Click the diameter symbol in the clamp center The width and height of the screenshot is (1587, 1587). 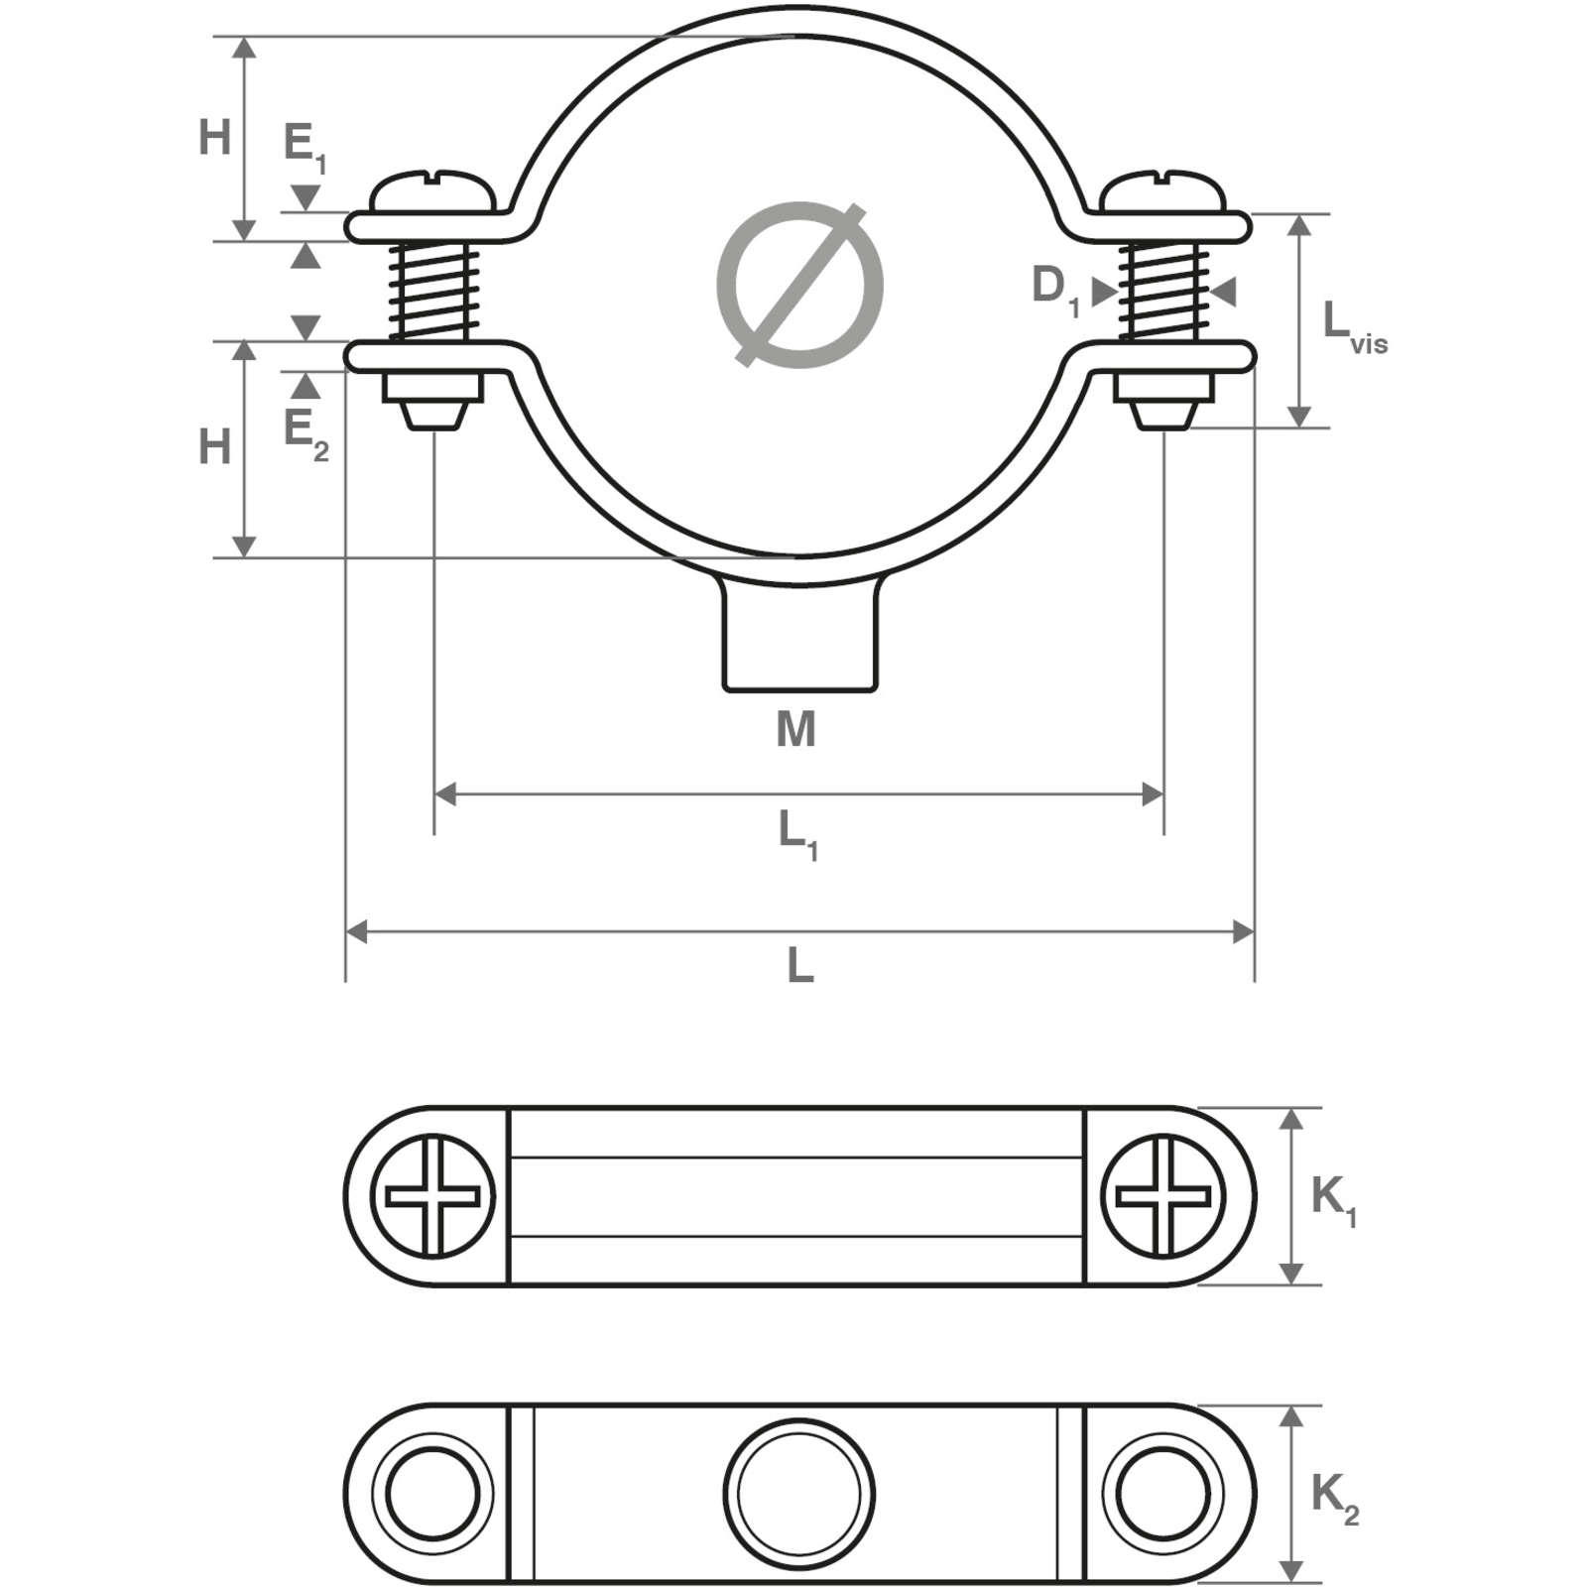click(x=799, y=286)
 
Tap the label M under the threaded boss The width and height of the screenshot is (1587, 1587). click(x=796, y=730)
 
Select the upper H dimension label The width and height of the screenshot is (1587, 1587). click(x=214, y=138)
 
